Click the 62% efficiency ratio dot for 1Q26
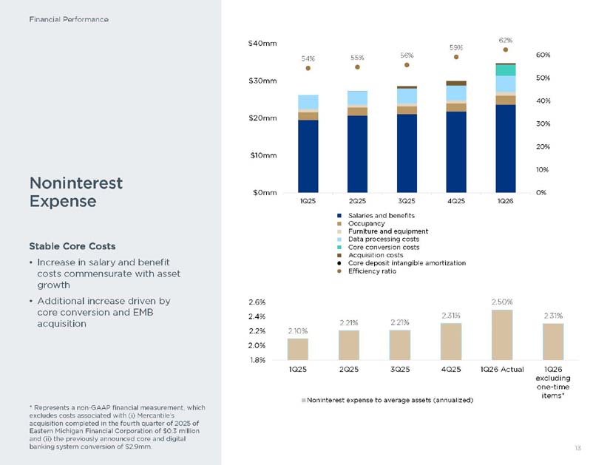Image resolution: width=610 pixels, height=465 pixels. (505, 50)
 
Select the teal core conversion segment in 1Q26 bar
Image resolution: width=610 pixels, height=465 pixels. (505, 70)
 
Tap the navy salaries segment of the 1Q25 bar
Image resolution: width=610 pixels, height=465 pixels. (308, 156)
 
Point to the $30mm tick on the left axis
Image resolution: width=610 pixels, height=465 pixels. (262, 81)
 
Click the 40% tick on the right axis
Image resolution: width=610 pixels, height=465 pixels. (543, 101)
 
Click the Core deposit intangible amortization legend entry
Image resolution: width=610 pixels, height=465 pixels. (401, 263)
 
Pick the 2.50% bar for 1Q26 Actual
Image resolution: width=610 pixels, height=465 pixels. (502, 335)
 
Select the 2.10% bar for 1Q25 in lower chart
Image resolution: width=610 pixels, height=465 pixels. (298, 349)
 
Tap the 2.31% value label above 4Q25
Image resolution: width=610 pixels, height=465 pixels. (451, 316)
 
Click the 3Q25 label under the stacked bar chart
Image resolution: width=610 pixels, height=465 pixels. (407, 201)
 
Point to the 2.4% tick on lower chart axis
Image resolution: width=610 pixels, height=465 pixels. (257, 316)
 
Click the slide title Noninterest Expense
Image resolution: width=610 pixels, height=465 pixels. (76, 192)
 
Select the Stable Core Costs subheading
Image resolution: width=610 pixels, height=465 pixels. (72, 246)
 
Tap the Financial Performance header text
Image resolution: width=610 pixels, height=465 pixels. (69, 19)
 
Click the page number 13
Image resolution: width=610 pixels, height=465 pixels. (577, 448)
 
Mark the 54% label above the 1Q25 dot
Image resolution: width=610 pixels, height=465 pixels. (308, 58)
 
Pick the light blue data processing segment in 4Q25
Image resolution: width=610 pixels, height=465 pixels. (456, 93)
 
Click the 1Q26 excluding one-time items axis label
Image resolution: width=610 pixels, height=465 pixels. (553, 382)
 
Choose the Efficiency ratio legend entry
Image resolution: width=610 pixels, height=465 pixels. (367, 271)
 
